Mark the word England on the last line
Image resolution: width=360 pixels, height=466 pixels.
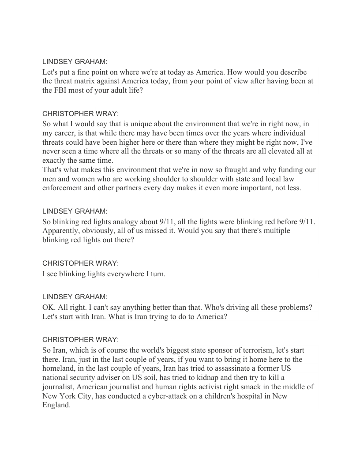(56, 406)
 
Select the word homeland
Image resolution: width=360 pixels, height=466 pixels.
(60, 368)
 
